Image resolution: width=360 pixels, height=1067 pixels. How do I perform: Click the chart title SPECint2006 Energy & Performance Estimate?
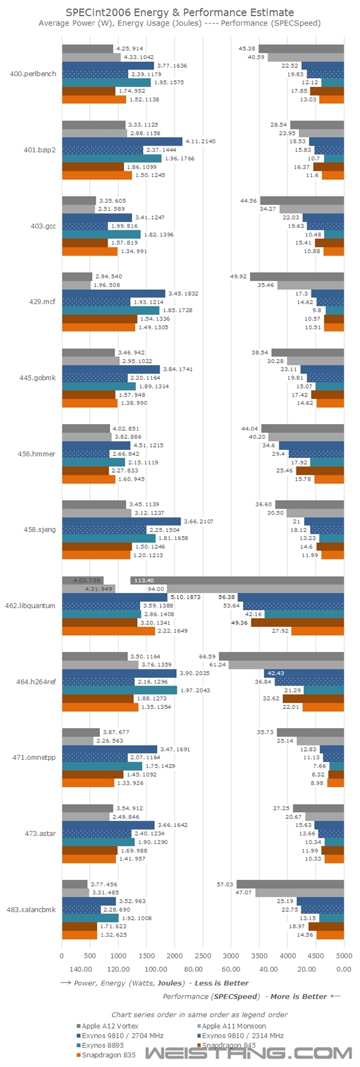click(179, 12)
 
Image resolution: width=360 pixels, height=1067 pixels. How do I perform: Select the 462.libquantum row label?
click(36, 606)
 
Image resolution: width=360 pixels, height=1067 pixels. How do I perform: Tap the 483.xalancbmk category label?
click(36, 909)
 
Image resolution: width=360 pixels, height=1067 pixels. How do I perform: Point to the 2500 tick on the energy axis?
click(203, 956)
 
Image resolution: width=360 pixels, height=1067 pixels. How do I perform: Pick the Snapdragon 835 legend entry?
click(109, 1054)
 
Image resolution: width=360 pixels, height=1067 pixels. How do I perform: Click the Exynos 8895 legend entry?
click(103, 1045)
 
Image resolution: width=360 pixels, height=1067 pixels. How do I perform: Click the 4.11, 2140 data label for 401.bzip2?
click(200, 142)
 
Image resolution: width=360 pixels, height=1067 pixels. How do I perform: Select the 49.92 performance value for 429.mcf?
click(239, 276)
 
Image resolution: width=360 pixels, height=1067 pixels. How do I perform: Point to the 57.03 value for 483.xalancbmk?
click(225, 884)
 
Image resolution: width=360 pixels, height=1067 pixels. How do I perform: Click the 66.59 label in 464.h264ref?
click(208, 656)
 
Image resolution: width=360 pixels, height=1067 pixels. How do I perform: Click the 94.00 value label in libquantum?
click(157, 589)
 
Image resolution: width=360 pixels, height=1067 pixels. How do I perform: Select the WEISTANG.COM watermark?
click(248, 1053)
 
